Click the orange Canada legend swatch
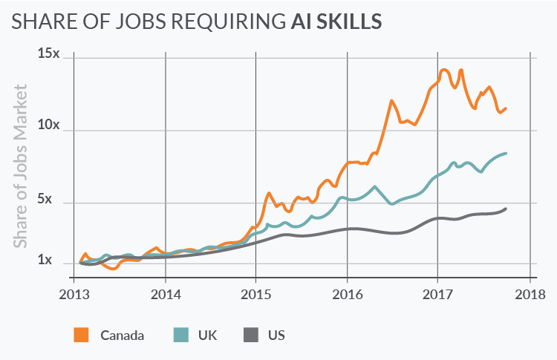81,335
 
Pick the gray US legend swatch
253,335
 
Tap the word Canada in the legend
122,335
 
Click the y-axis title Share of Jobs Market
21,166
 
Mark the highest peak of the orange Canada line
444,70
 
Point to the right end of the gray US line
506,209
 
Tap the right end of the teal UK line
506,154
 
